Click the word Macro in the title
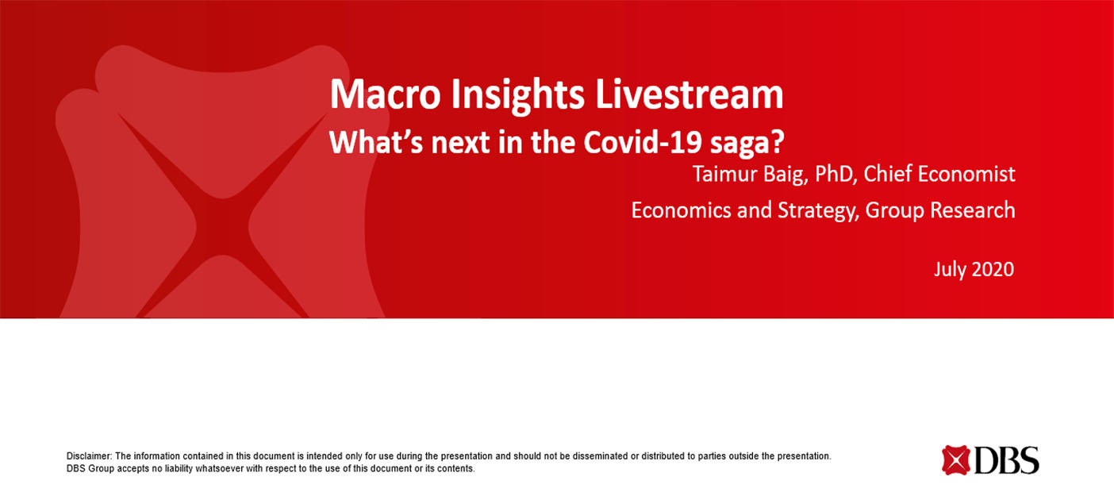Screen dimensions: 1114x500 (386, 94)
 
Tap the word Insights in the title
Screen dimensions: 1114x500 (517, 95)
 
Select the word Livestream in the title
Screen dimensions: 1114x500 (690, 94)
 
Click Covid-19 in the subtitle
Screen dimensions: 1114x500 (643, 142)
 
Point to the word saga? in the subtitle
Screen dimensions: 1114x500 (747, 144)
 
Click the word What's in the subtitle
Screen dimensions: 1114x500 (375, 142)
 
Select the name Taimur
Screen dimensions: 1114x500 (724, 174)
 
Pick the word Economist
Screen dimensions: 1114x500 (966, 174)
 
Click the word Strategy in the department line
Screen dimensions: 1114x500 (819, 211)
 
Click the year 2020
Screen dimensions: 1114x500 (993, 270)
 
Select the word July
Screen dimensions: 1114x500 (950, 270)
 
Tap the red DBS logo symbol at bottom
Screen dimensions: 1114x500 (955, 460)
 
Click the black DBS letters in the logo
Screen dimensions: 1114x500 (1007, 460)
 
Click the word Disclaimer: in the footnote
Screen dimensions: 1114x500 (89, 456)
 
